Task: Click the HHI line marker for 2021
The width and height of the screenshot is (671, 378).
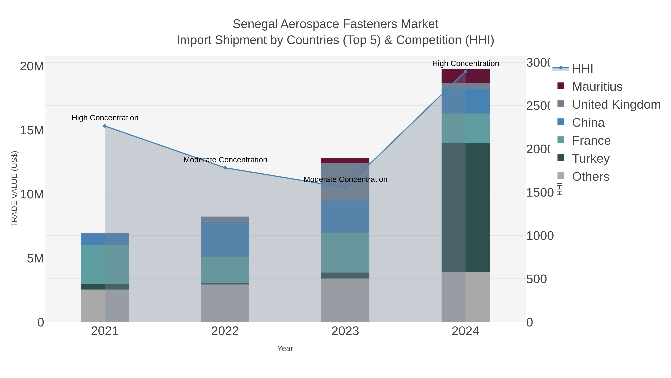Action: (x=105, y=126)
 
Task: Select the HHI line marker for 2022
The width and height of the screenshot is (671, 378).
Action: (x=225, y=168)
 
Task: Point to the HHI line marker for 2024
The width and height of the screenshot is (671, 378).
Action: (x=465, y=71)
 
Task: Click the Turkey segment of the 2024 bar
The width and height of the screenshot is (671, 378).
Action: (x=465, y=207)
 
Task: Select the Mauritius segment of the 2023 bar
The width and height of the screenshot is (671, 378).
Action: (x=345, y=161)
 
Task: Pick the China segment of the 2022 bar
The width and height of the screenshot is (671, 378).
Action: (x=225, y=239)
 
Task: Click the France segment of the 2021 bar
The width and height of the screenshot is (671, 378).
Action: (x=105, y=264)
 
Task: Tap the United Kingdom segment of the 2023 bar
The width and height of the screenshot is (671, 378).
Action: (x=345, y=182)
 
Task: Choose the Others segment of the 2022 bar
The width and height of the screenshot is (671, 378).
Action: (x=225, y=303)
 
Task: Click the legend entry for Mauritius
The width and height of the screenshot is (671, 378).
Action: (x=597, y=86)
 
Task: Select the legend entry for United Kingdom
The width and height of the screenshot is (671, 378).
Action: (x=616, y=104)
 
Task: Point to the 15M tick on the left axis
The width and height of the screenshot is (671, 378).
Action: (x=32, y=130)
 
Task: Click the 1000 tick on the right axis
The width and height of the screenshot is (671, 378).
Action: (x=540, y=236)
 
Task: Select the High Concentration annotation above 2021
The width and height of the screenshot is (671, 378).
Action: (x=105, y=118)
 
